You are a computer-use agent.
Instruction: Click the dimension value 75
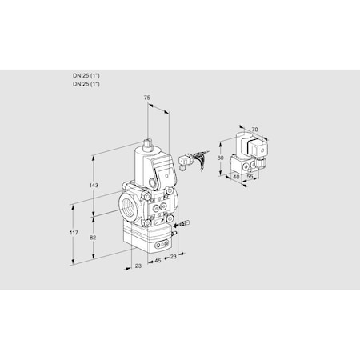(146, 98)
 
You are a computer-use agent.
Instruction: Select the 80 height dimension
(220, 158)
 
